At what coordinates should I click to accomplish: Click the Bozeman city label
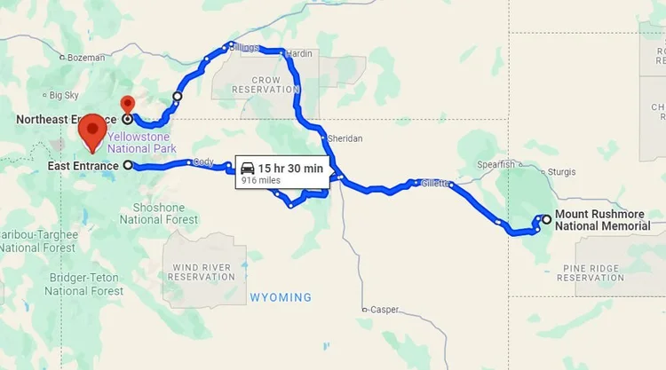[x=86, y=58]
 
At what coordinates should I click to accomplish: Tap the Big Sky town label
[x=63, y=95]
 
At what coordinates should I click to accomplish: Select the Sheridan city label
[x=345, y=139]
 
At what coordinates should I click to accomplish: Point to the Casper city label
[x=384, y=310]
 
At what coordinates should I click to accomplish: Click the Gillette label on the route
[x=435, y=183]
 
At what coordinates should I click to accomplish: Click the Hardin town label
[x=299, y=54]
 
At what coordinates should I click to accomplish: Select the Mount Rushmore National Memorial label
[x=608, y=220]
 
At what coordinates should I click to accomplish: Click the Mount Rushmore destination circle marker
[x=546, y=218]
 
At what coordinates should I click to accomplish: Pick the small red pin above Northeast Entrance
[x=127, y=104]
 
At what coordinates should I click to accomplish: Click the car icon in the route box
[x=248, y=169]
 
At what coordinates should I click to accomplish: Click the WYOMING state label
[x=281, y=297]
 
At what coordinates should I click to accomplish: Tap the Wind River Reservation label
[x=203, y=272]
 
